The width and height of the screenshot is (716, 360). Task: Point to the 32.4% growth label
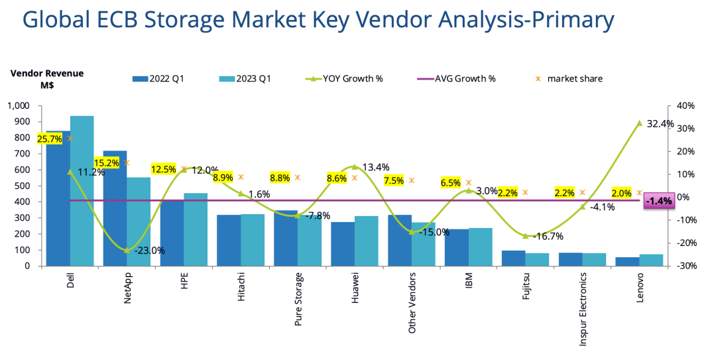659,123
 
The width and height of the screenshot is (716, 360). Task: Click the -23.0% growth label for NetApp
149,251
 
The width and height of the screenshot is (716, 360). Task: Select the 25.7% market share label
50,139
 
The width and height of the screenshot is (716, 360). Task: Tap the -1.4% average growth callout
659,200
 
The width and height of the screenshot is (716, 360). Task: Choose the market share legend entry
575,79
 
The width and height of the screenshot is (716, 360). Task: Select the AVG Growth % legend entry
465,79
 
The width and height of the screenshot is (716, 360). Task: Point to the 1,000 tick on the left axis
19,106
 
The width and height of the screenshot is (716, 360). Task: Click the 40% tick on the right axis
685,106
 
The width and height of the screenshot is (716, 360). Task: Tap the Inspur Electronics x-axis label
583,309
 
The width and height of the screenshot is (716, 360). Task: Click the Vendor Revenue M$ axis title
47,79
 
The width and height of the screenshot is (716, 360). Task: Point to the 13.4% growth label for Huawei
375,167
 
